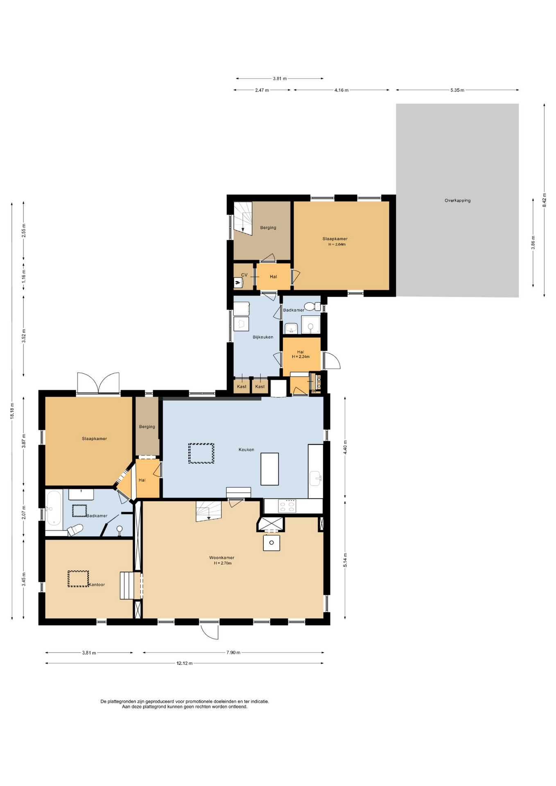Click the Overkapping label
(457, 201)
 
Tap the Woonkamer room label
(221, 558)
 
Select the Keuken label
(246, 449)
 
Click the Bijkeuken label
(263, 337)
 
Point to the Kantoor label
(97, 585)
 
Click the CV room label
(244, 275)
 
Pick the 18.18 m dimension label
(12, 411)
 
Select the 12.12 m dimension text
(185, 663)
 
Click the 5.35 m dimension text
(457, 90)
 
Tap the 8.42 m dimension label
(544, 200)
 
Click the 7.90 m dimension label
(233, 653)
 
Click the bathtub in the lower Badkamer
(54, 508)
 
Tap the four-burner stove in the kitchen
(287, 506)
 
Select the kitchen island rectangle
(269, 469)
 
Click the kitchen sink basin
(315, 478)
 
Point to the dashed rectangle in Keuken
(201, 454)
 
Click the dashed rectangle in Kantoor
(78, 579)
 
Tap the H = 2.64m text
(337, 244)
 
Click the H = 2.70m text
(223, 563)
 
